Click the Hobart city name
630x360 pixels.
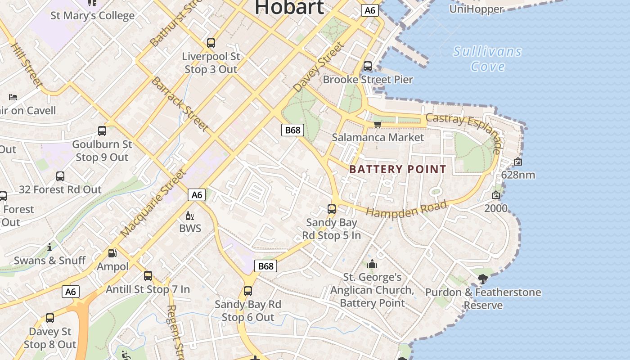click(289, 7)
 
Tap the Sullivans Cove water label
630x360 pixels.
click(488, 59)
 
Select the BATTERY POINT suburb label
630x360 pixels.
click(398, 169)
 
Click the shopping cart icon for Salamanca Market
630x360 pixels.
click(378, 124)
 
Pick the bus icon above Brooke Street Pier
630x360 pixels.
click(368, 66)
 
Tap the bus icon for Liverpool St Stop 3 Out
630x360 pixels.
click(211, 43)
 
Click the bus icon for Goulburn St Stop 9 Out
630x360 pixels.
click(102, 131)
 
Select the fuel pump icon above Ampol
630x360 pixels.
click(112, 253)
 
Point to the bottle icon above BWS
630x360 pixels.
click(190, 216)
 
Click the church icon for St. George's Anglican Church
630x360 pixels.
click(372, 264)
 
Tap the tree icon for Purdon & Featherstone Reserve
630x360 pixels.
click(483, 279)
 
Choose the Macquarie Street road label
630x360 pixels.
click(153, 203)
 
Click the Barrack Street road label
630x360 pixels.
click(180, 104)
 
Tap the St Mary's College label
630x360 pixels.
click(92, 16)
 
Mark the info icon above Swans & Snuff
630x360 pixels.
click(49, 247)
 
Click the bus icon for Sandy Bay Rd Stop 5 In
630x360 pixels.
click(332, 209)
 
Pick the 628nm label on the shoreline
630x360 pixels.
click(518, 175)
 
